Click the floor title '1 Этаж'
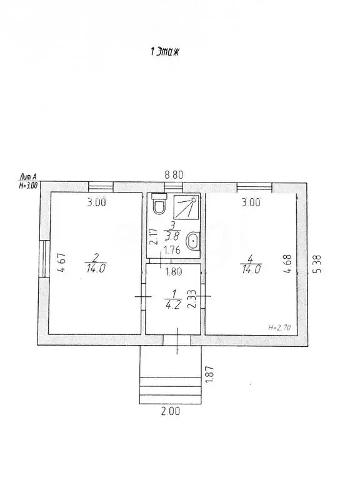[x=165, y=52]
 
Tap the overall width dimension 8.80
[x=174, y=175]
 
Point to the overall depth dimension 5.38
[x=318, y=264]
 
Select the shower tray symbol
[x=186, y=207]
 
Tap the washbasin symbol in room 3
[x=193, y=241]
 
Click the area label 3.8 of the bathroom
[x=172, y=236]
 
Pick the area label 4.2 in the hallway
[x=173, y=305]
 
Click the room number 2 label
[x=95, y=258]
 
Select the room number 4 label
[x=251, y=259]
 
